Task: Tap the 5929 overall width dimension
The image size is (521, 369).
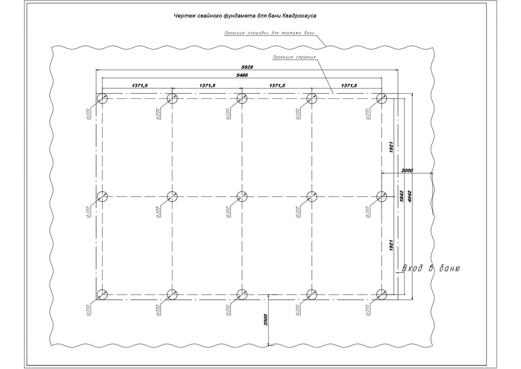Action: click(x=247, y=67)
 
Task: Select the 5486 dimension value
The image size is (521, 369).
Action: click(x=242, y=75)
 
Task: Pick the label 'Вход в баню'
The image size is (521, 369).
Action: click(x=431, y=269)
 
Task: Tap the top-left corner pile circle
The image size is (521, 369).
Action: click(x=102, y=98)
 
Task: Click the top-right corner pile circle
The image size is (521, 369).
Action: click(x=381, y=98)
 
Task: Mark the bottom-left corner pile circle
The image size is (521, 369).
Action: click(x=102, y=294)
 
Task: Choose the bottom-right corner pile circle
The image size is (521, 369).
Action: click(x=381, y=294)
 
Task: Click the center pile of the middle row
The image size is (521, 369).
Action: click(x=242, y=196)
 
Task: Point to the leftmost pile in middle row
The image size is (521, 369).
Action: click(x=102, y=196)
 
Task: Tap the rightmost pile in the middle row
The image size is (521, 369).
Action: click(x=381, y=196)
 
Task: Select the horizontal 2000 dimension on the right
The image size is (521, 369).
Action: click(x=408, y=170)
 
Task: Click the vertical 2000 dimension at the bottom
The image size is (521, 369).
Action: click(x=266, y=320)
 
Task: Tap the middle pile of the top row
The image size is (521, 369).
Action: click(x=242, y=98)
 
